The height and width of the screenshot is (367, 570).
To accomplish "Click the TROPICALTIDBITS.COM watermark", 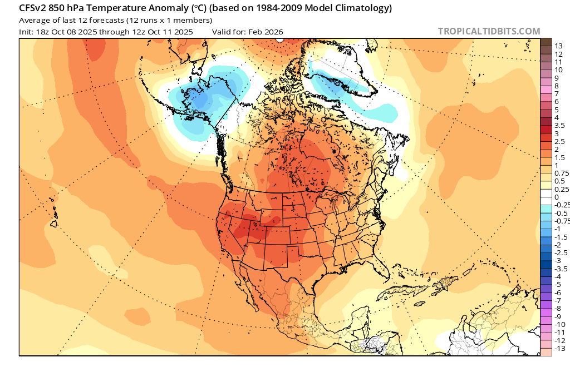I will (x=489, y=31).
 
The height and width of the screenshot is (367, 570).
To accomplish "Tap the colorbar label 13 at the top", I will (x=559, y=46).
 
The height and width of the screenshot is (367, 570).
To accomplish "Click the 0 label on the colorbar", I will (x=557, y=197).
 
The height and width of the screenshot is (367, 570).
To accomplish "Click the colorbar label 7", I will (x=557, y=94).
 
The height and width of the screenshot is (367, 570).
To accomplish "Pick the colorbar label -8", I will (x=559, y=308).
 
